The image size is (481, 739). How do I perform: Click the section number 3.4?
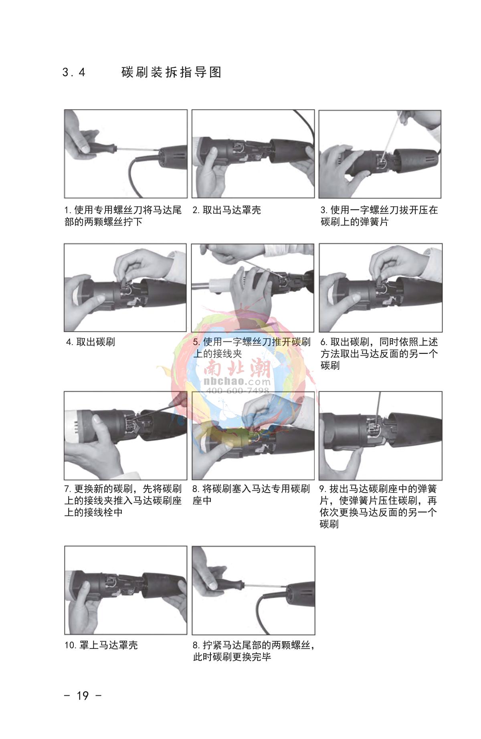click(74, 73)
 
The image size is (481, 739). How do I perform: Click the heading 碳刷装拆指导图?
click(172, 73)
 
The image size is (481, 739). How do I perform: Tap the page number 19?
click(83, 696)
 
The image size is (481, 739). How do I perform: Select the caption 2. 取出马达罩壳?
click(227, 210)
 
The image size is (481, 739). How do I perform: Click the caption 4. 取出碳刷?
click(91, 342)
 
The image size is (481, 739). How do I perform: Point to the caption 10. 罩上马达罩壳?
click(101, 645)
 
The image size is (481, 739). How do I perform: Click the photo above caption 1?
click(126, 154)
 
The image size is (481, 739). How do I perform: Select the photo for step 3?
click(380, 154)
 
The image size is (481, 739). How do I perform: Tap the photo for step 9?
click(380, 436)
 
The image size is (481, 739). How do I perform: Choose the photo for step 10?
click(126, 590)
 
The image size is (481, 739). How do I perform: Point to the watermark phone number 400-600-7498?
click(237, 391)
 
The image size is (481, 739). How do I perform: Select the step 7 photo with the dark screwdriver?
click(125, 436)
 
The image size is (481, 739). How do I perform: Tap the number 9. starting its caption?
click(323, 489)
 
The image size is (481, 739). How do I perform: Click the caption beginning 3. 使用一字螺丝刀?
click(379, 216)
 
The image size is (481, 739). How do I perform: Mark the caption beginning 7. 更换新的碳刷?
click(123, 501)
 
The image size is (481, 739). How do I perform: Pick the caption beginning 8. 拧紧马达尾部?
click(254, 651)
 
